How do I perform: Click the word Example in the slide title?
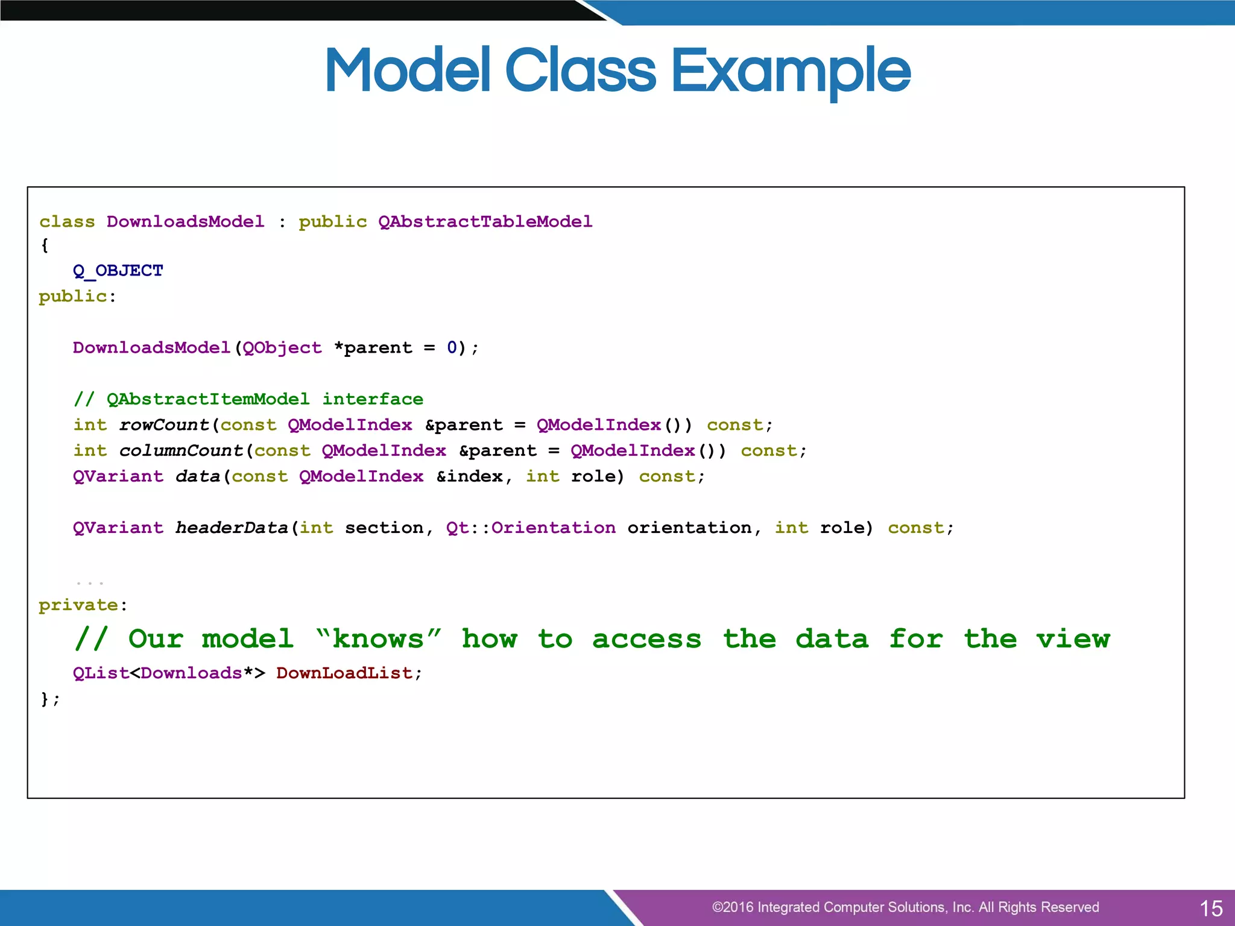tap(791, 71)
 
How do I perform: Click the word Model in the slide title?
tap(408, 71)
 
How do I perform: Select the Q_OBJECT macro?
tap(118, 271)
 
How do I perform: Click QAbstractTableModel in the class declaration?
tap(485, 222)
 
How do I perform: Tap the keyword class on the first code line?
tap(67, 222)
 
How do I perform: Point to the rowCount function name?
tap(164, 425)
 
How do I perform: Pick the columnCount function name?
tap(181, 451)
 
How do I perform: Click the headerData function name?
tap(232, 528)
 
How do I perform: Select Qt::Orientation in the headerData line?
tap(531, 528)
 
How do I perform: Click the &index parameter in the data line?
tap(470, 477)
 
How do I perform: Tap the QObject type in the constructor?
tap(282, 348)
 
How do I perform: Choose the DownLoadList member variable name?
tap(344, 673)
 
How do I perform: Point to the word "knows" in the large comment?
tap(378, 639)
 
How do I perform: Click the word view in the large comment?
tap(1073, 639)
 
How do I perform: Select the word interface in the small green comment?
tap(373, 399)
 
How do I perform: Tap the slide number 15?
tap(1211, 909)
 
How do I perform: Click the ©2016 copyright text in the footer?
tap(905, 907)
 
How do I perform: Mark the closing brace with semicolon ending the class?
tap(50, 699)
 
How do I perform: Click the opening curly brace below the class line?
tap(45, 246)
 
